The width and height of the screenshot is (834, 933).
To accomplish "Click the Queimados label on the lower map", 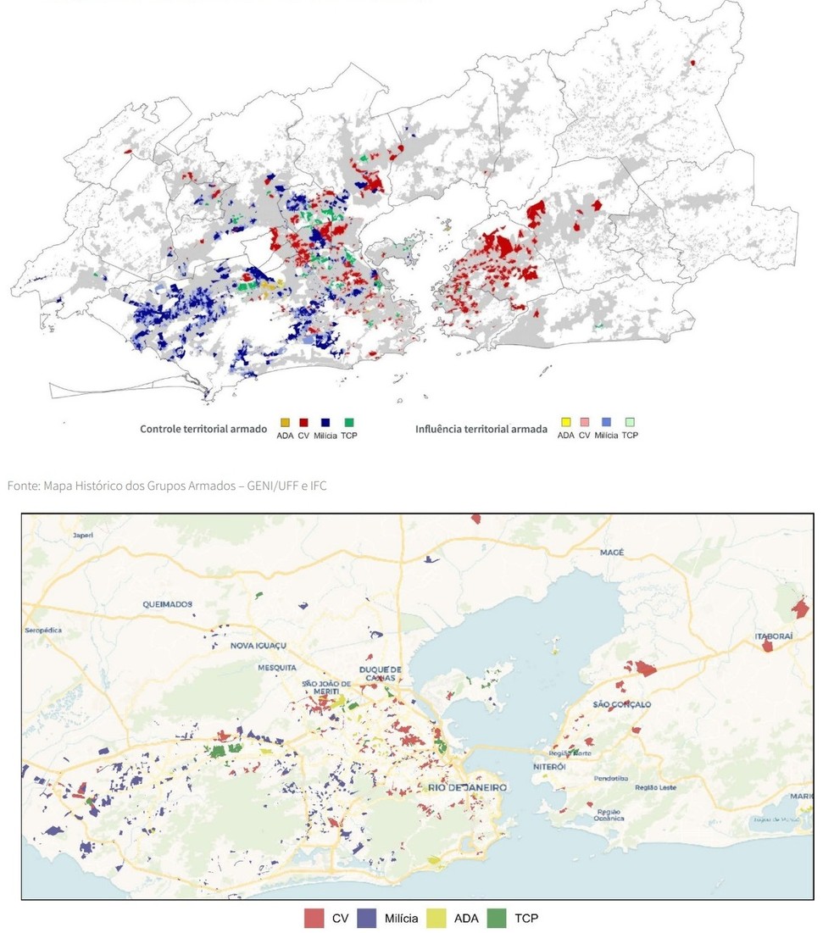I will [x=168, y=604].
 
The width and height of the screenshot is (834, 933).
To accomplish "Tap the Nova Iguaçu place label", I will [x=255, y=646].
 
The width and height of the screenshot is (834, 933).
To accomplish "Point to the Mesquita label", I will [x=277, y=667].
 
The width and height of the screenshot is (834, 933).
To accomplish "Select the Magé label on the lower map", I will [x=612, y=553].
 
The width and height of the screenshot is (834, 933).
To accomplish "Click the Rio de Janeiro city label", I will [x=468, y=787].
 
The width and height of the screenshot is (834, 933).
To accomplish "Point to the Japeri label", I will [x=82, y=536].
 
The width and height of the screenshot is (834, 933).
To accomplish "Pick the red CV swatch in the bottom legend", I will [x=314, y=918].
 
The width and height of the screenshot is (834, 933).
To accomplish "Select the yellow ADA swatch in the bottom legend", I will [x=437, y=918].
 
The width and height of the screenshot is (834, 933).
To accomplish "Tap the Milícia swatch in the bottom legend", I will [x=366, y=918].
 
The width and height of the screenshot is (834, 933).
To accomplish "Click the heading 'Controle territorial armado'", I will [x=203, y=429].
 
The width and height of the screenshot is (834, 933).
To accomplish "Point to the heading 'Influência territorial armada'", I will [x=481, y=429].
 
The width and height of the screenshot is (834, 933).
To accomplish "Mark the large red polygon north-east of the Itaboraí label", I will [x=800, y=608].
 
